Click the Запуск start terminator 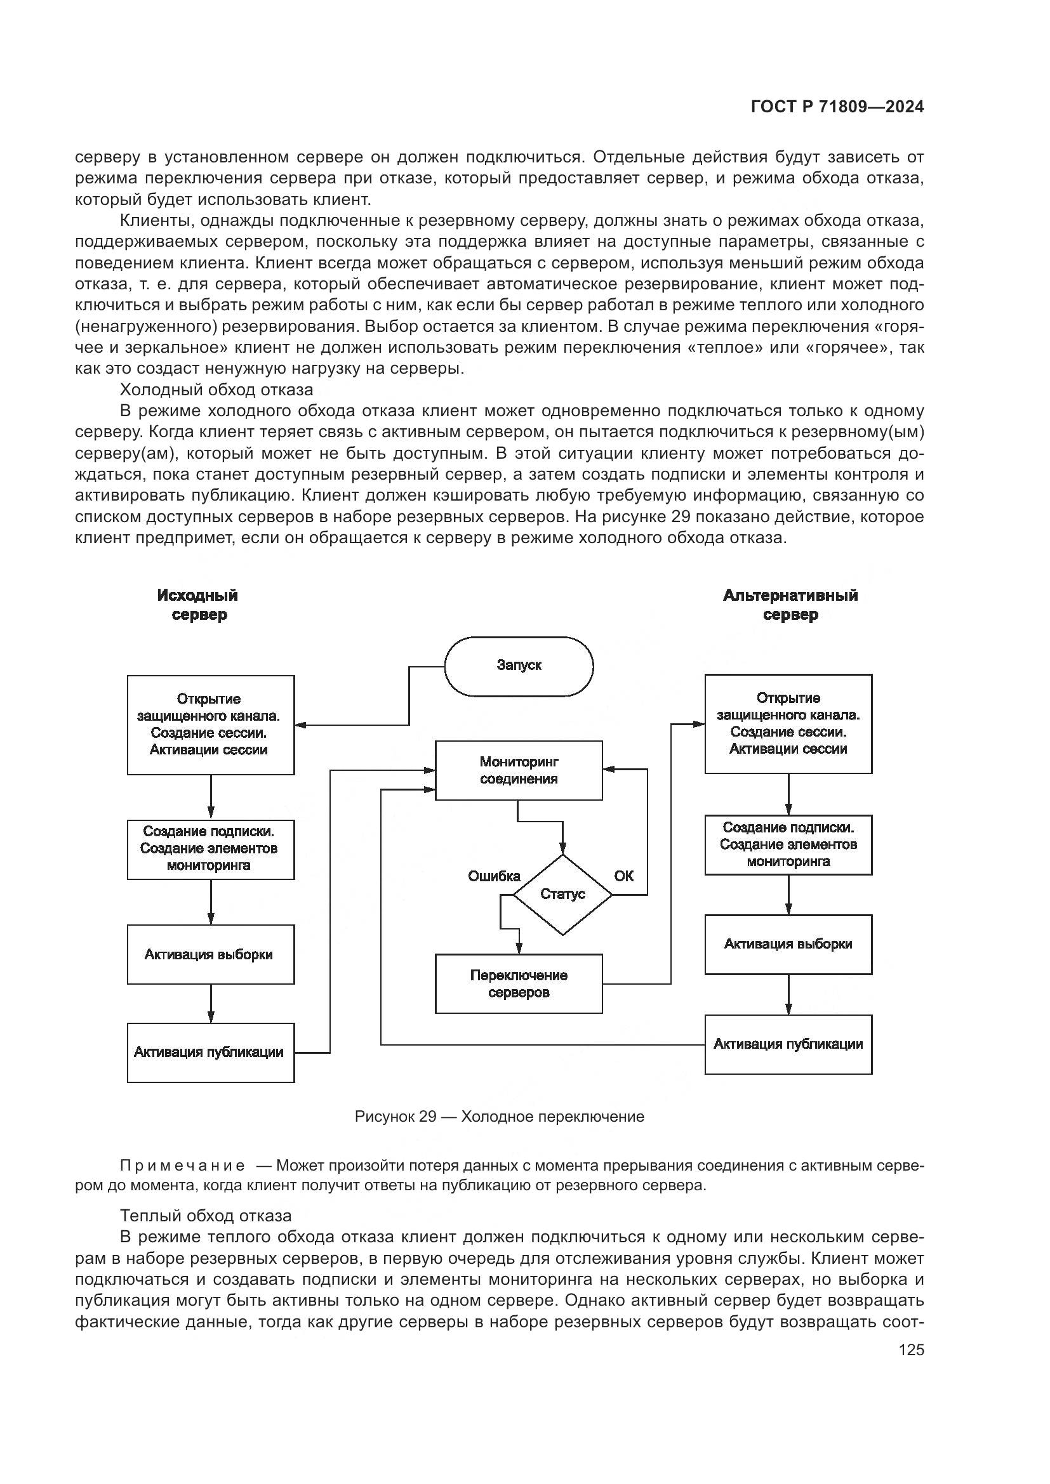point(519,666)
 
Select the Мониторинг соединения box point(519,770)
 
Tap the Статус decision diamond point(562,894)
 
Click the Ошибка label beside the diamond point(494,876)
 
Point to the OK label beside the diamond point(623,876)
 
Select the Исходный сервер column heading point(198,605)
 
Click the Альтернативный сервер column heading point(790,605)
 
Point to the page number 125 point(911,1349)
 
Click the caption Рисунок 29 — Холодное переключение point(499,1116)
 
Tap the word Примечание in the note point(182,1166)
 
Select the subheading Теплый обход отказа point(206,1216)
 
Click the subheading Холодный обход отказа point(216,390)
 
